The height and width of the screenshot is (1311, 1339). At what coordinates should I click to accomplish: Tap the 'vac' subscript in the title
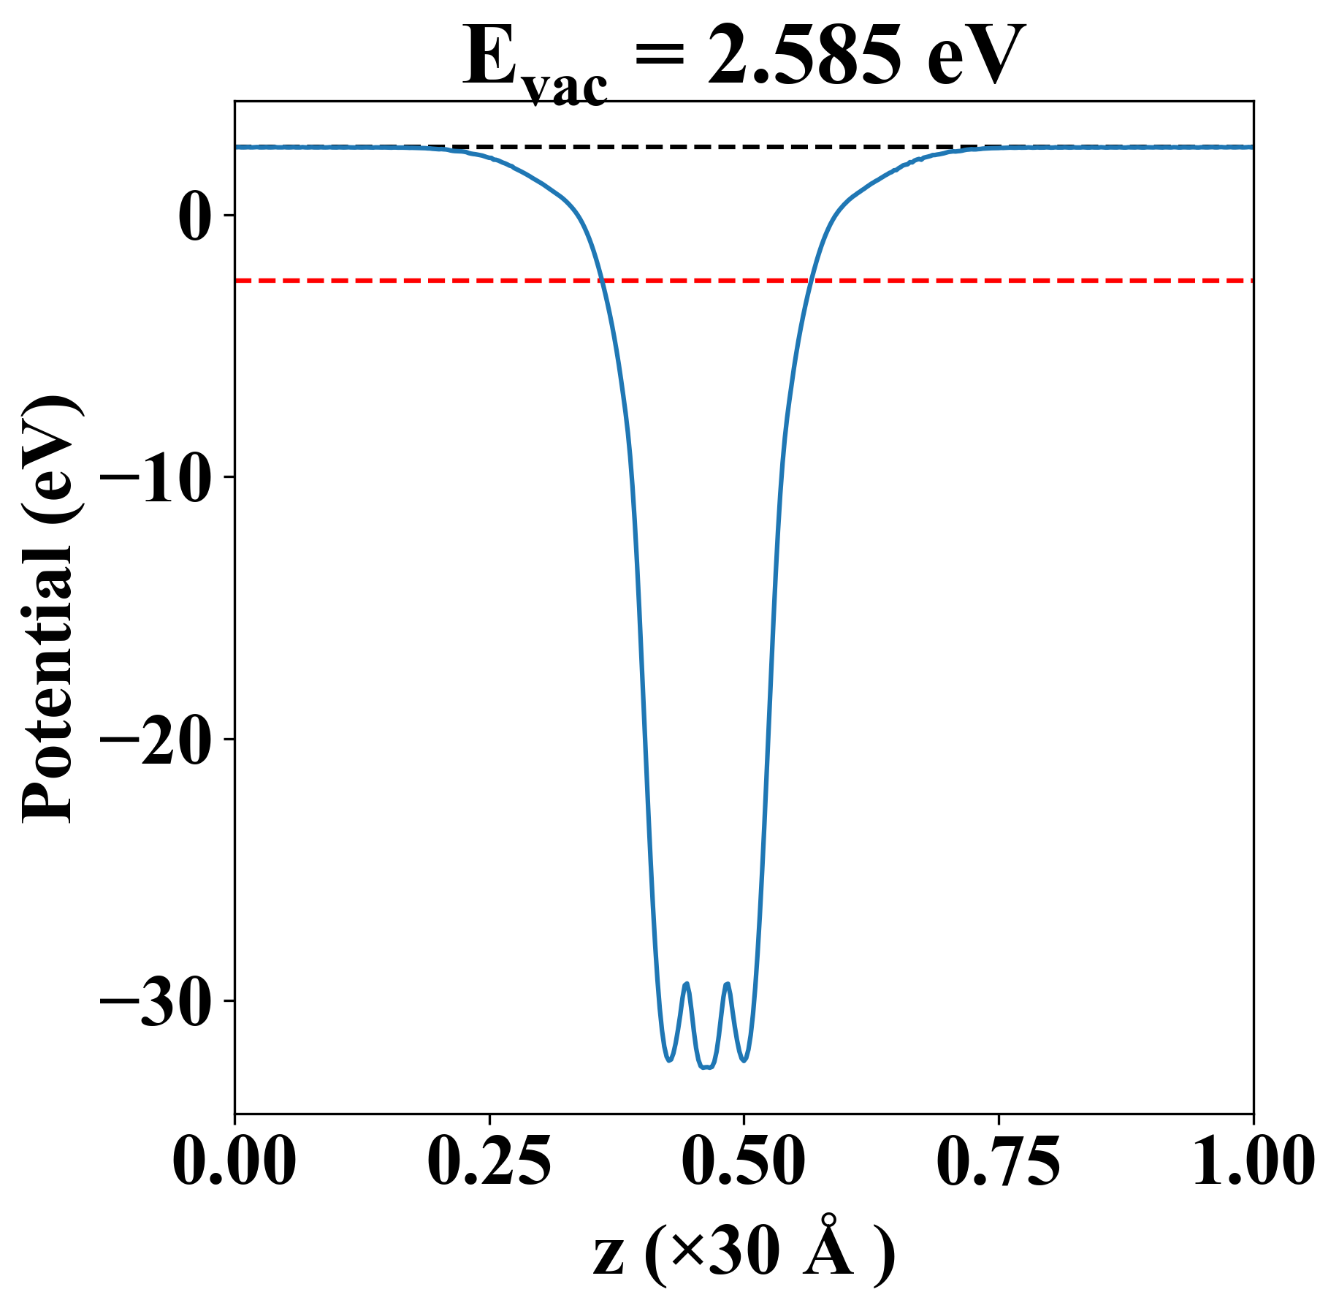(x=565, y=88)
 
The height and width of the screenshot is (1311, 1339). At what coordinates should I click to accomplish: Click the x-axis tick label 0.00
(x=234, y=1162)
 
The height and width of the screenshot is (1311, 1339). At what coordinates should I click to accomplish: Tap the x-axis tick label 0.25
(x=489, y=1162)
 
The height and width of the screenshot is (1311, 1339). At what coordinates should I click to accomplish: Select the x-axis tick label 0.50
(x=744, y=1162)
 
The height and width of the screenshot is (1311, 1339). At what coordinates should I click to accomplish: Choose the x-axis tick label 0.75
(x=998, y=1162)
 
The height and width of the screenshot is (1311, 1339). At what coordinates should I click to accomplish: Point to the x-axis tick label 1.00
(x=1252, y=1162)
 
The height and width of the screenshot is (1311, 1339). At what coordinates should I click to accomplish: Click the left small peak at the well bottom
(x=686, y=984)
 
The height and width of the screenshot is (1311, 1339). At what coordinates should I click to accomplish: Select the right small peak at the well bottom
(x=727, y=984)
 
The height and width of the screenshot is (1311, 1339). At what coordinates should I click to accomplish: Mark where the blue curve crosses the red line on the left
(x=601, y=280)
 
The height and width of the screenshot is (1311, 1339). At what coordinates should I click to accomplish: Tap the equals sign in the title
(x=660, y=57)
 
